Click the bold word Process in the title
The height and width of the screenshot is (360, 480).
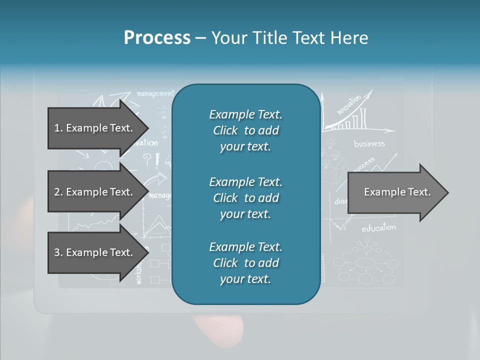[157, 38]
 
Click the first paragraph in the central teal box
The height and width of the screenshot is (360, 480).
[245, 130]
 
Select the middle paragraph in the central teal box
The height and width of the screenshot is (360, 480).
[245, 198]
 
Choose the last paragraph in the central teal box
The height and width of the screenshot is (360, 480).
[245, 263]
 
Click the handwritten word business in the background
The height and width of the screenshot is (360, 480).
[369, 144]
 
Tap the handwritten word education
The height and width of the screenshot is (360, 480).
[378, 228]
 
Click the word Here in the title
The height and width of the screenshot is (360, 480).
[350, 38]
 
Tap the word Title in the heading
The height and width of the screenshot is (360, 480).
[276, 38]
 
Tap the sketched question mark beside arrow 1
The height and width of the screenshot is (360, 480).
[147, 159]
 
